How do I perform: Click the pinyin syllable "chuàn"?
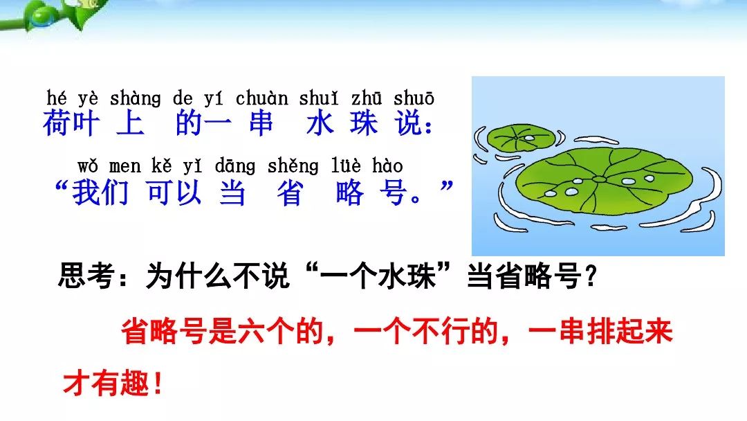[262, 98]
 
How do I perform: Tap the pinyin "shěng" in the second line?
[293, 166]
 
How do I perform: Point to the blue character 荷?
[57, 123]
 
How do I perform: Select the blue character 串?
[261, 123]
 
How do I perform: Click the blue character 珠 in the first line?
[364, 123]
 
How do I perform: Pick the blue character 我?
[86, 192]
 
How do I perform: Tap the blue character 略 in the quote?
[350, 192]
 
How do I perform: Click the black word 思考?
[86, 276]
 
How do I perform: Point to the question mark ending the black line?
[591, 276]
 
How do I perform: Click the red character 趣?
[135, 384]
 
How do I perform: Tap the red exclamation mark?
[158, 384]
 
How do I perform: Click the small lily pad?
[522, 138]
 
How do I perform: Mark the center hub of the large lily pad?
[599, 180]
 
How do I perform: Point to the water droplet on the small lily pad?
[529, 138]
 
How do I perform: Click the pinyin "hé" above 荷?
[56, 98]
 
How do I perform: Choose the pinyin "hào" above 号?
[387, 166]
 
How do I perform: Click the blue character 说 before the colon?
[409, 123]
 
